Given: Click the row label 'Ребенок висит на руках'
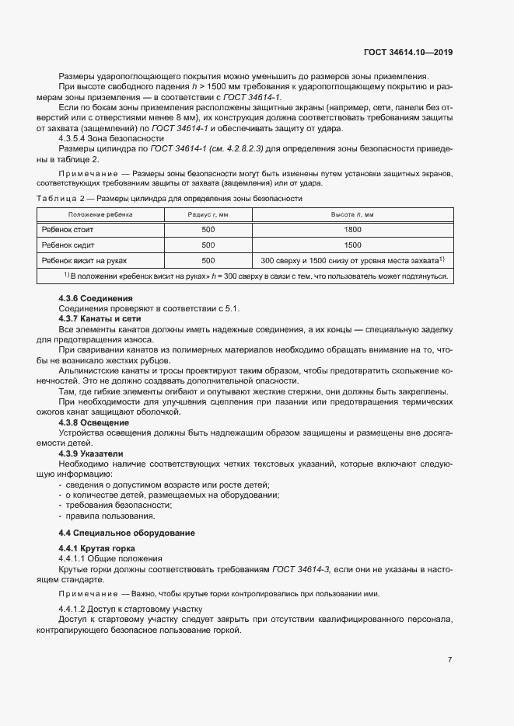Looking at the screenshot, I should tap(84, 261).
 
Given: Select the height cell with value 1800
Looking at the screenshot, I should tap(353, 230).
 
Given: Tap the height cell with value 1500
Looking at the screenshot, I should tap(353, 245).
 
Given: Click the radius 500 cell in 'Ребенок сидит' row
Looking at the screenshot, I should tap(208, 245).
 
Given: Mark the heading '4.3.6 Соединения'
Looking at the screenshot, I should tap(96, 299).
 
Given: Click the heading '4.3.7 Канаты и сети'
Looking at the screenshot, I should tap(101, 320).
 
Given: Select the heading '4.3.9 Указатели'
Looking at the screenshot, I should tap(95, 453).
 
